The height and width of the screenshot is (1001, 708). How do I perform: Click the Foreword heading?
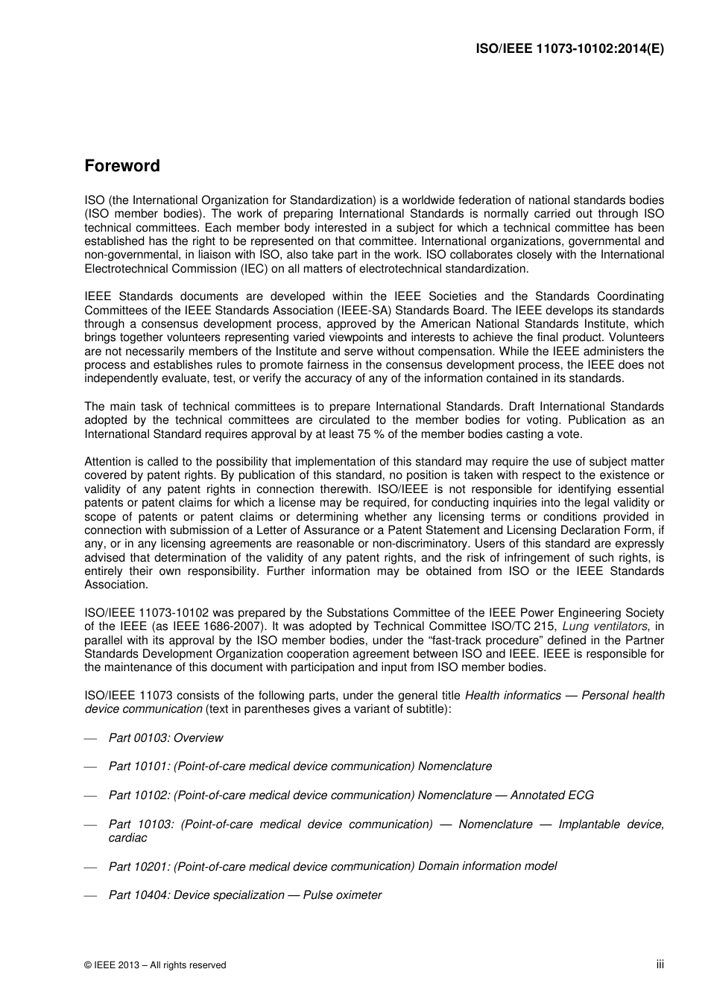pos(122,166)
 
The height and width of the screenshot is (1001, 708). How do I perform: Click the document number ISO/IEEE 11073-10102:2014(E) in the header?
pos(569,49)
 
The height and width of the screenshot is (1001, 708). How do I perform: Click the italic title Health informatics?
pos(513,696)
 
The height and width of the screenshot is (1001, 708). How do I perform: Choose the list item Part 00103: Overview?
pos(165,738)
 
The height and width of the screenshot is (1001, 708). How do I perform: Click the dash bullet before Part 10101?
pos(91,767)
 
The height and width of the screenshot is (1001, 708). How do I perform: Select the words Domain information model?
pos(487,866)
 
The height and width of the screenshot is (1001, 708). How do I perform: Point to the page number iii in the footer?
pos(660,965)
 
